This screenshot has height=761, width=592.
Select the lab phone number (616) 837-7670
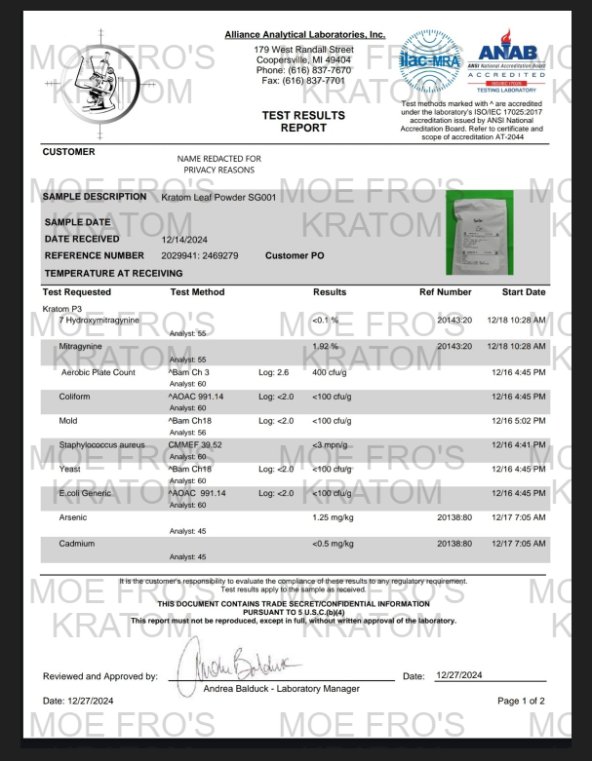(x=303, y=70)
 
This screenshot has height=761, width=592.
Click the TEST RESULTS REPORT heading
(x=303, y=121)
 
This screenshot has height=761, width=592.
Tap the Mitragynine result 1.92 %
(x=326, y=346)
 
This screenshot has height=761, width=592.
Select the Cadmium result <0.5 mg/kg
(x=333, y=543)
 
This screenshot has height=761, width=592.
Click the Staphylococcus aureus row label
(x=101, y=444)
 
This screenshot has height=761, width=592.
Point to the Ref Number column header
(x=445, y=292)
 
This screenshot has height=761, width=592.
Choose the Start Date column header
(x=524, y=292)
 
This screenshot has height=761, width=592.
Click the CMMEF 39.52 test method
(x=195, y=444)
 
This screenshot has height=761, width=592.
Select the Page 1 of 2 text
(x=521, y=701)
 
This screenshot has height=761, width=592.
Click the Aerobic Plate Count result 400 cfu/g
(x=332, y=371)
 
